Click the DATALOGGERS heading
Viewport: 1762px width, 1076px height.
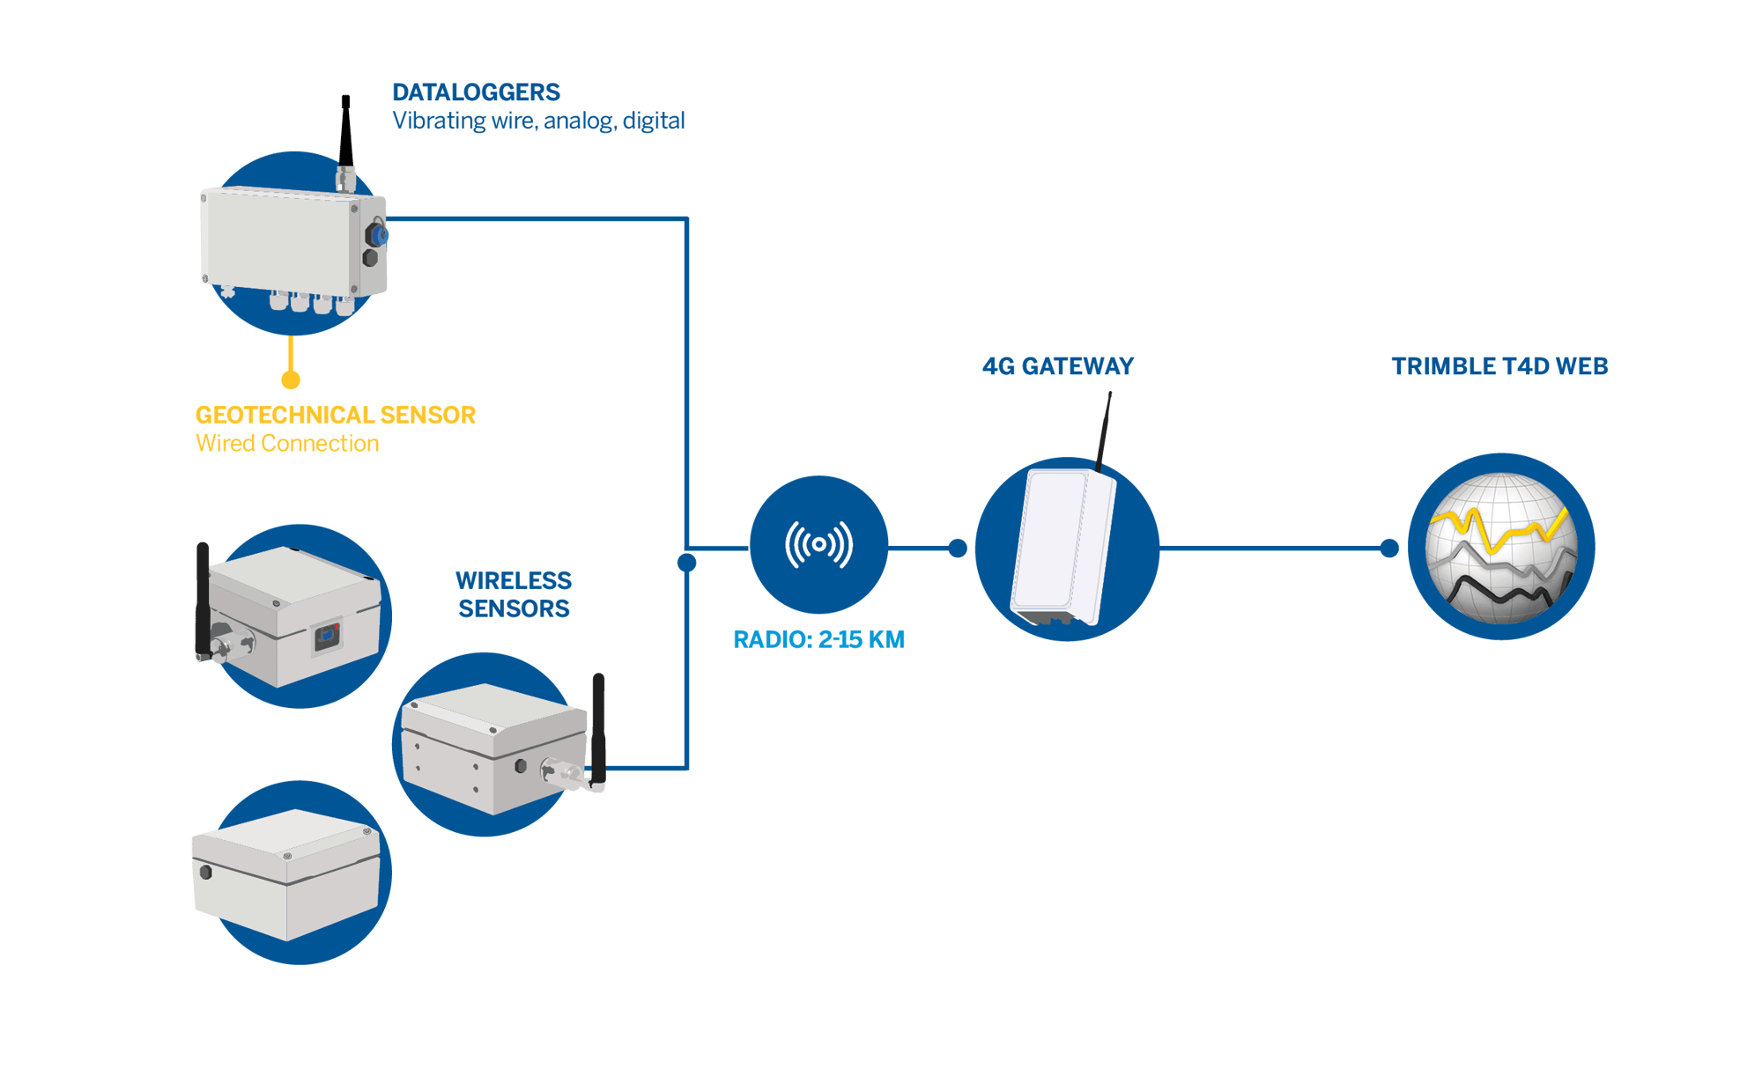click(476, 92)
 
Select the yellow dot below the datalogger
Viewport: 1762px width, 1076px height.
click(291, 380)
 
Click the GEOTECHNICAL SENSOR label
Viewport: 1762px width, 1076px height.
click(335, 415)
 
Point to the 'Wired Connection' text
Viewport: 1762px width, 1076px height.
click(287, 443)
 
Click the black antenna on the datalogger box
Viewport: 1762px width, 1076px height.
click(345, 132)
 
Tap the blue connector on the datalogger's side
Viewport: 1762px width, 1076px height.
click(381, 235)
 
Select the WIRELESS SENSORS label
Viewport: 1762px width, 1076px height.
click(514, 594)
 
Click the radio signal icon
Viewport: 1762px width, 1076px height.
click(818, 544)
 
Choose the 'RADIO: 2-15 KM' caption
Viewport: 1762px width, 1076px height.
click(818, 639)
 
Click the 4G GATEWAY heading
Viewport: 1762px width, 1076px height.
click(1058, 366)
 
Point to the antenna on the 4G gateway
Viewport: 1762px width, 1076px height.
click(1104, 431)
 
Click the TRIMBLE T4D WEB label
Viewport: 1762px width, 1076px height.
click(1499, 366)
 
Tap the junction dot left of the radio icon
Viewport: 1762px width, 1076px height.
click(687, 562)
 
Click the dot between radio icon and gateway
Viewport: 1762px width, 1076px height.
click(958, 549)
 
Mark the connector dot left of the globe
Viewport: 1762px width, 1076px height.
click(1389, 549)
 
